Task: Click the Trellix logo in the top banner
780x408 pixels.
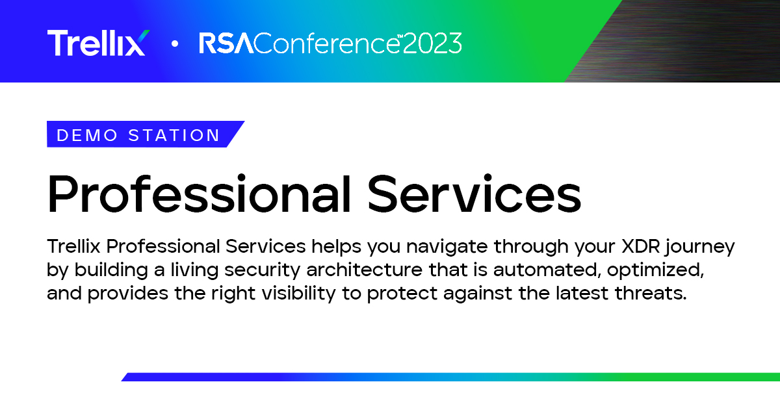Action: point(99,42)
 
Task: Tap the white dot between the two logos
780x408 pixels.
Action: point(175,44)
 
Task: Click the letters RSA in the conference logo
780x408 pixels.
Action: point(226,43)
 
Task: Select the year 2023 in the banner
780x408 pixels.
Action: point(432,43)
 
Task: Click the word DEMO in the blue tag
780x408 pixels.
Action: point(87,135)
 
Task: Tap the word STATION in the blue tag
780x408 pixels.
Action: point(174,135)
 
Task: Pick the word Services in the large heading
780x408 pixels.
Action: point(474,193)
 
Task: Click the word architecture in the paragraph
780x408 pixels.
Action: point(364,270)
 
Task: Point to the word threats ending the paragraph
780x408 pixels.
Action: point(651,293)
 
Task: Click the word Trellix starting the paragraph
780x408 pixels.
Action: point(74,246)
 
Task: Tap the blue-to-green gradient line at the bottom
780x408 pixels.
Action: point(450,377)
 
